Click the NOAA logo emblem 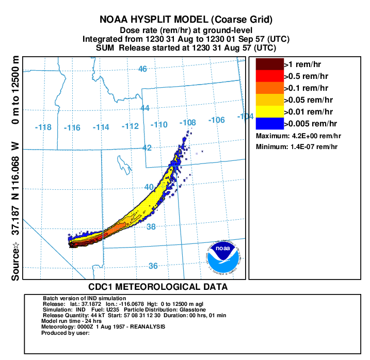(x=223, y=256)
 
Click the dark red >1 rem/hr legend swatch (x=270, y=64)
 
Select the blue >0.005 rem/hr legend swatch (x=270, y=123)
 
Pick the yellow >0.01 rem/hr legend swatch (x=270, y=111)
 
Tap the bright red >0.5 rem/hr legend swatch (x=270, y=76)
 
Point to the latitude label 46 (x=143, y=69)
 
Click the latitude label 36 (x=153, y=266)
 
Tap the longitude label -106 (x=217, y=120)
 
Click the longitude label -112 (x=131, y=126)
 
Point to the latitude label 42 (x=148, y=148)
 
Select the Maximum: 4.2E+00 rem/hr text (x=299, y=136)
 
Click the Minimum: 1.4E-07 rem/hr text (x=298, y=147)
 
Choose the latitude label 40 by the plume (x=149, y=187)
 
